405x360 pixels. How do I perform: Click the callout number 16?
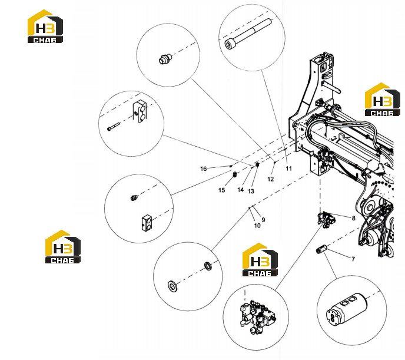[204, 169]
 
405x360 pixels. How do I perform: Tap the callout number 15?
[221, 190]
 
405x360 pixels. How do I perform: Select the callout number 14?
[240, 190]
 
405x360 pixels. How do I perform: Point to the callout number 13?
[251, 191]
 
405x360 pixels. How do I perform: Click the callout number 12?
[270, 179]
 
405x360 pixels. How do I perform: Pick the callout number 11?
[289, 169]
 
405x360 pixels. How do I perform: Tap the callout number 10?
[257, 226]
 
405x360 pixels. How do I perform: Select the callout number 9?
[263, 220]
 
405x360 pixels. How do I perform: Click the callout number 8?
[353, 218]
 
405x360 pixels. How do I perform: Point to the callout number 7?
[353, 259]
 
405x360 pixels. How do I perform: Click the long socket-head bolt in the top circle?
[248, 34]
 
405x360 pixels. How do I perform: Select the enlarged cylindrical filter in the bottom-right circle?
[347, 309]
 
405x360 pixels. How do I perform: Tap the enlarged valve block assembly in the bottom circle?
[257, 316]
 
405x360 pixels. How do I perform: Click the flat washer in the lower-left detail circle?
[172, 286]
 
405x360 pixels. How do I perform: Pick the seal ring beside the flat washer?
[208, 266]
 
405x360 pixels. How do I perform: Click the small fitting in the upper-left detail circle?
[165, 59]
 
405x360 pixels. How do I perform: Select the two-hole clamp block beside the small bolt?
[140, 111]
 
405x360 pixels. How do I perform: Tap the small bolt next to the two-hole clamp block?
[113, 127]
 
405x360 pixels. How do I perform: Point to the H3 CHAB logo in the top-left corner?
[45, 26]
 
